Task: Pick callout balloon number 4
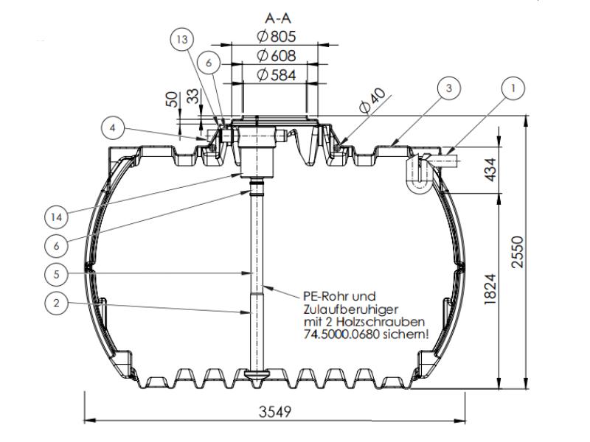click(x=111, y=127)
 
